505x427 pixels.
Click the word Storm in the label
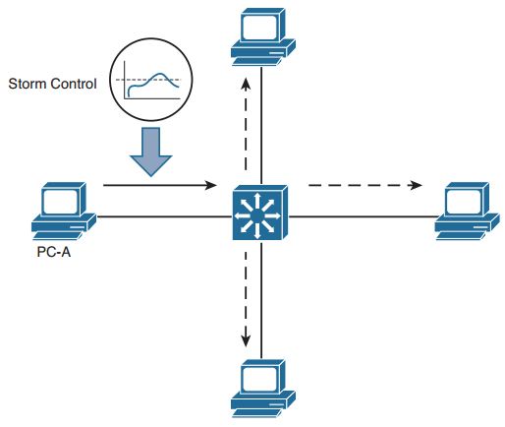pos(28,84)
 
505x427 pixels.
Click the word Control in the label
pos(74,84)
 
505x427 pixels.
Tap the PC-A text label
pos(54,252)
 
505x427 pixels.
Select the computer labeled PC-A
pos(64,211)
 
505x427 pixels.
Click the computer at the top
pos(263,36)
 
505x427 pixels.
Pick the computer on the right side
pos(467,211)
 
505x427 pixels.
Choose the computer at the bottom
pos(263,389)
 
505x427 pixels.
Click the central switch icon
pos(260,213)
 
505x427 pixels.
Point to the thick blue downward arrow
pos(151,152)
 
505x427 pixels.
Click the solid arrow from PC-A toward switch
pos(160,185)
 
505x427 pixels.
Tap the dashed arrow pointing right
pos(365,185)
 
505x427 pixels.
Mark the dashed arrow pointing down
pos(246,299)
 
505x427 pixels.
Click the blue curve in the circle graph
pos(154,81)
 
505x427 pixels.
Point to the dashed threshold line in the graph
pos(148,80)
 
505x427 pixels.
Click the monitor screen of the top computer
pos(261,27)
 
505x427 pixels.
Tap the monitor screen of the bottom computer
pos(261,378)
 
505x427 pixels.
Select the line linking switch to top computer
pos(261,126)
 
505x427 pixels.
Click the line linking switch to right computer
pos(364,216)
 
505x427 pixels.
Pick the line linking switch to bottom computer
pos(261,300)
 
